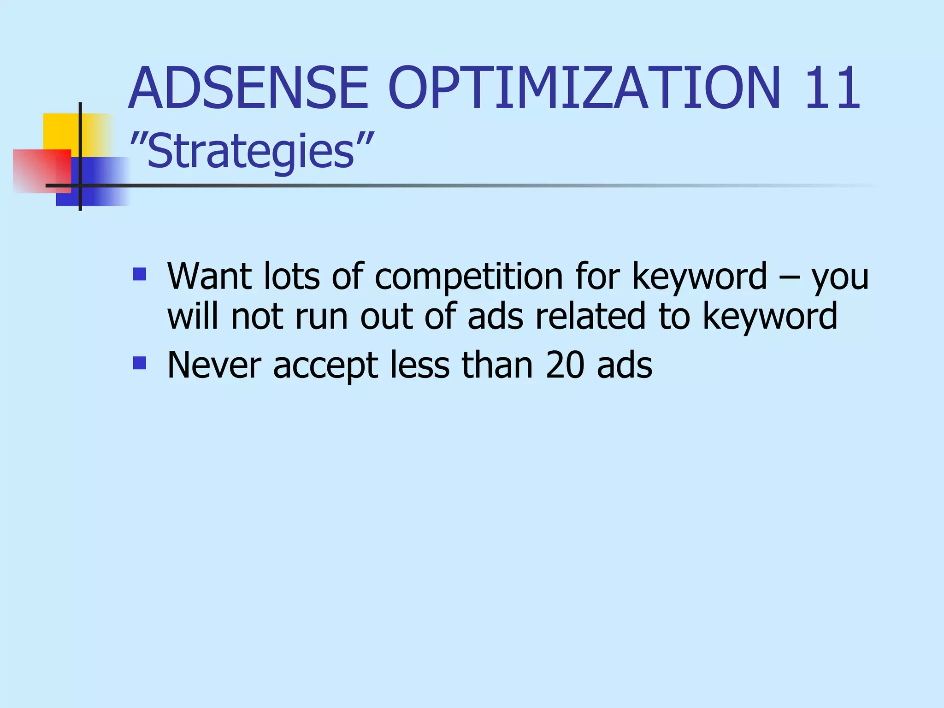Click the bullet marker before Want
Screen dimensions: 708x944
click(x=139, y=275)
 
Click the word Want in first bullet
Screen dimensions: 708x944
click(x=210, y=277)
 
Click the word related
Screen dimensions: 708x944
click(x=590, y=317)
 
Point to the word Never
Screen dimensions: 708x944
click(x=214, y=366)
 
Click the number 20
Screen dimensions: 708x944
click(x=565, y=366)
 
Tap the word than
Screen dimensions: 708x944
click(x=497, y=366)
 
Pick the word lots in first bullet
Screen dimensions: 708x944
click(x=291, y=277)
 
